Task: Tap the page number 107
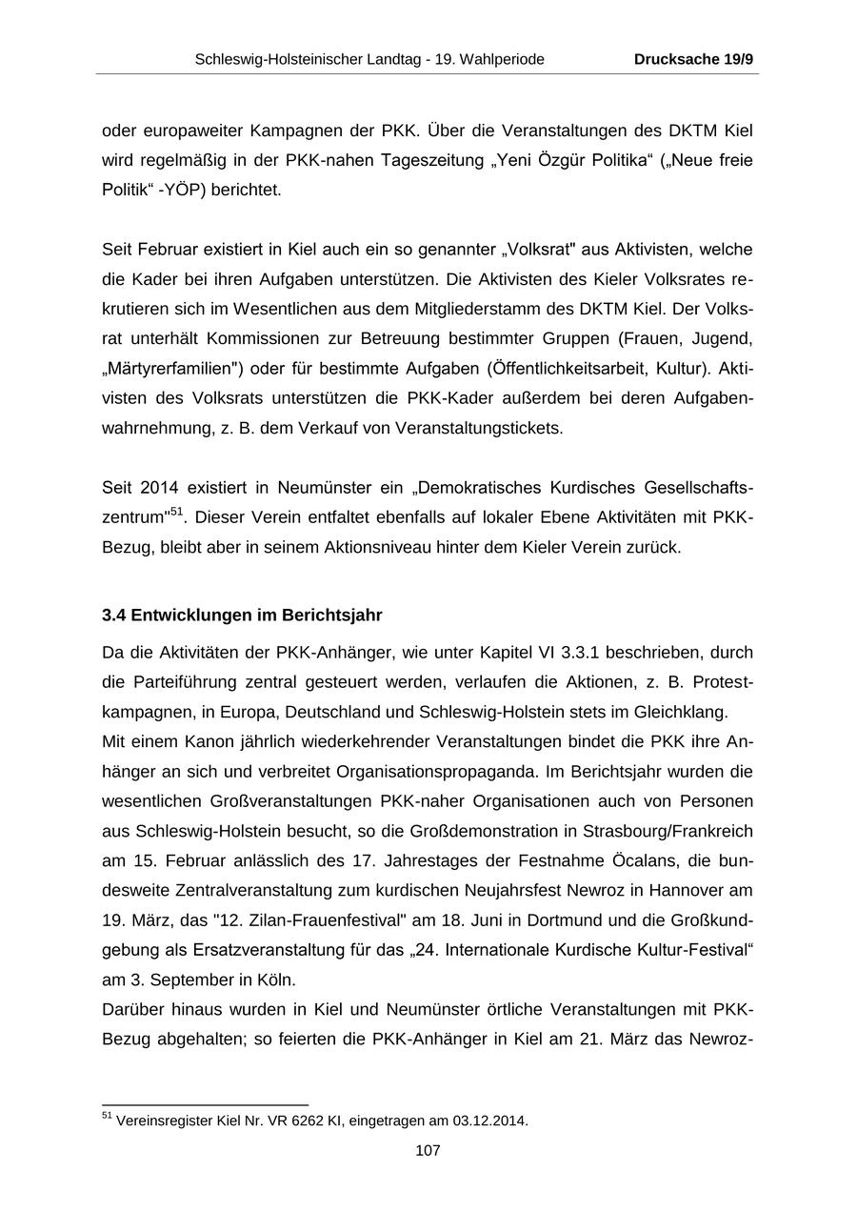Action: click(x=428, y=1150)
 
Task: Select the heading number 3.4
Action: click(x=113, y=615)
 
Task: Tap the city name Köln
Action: click(x=276, y=980)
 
